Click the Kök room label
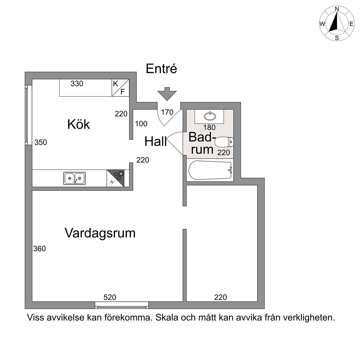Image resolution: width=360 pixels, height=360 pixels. (78, 124)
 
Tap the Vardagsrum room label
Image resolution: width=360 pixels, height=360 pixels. (100, 233)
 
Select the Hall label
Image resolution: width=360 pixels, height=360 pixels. (155, 141)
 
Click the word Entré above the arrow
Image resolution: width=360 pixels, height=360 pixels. (161, 68)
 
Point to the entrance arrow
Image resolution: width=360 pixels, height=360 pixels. (167, 94)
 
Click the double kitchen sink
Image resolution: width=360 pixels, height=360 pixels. (74, 178)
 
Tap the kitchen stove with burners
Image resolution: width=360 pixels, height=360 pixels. (116, 178)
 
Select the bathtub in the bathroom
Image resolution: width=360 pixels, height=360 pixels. (210, 170)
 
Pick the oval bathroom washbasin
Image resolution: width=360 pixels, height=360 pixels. (210, 116)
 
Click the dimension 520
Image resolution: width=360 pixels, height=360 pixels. (110, 297)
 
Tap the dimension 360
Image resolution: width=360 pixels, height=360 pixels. (39, 249)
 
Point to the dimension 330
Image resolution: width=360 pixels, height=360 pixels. (77, 83)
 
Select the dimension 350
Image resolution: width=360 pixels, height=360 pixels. (41, 142)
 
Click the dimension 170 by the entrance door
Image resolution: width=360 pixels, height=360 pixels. (167, 112)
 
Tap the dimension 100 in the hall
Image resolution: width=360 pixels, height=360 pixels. (141, 124)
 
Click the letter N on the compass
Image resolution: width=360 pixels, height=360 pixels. (337, 9)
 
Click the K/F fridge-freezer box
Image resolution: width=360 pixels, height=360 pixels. (121, 88)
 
